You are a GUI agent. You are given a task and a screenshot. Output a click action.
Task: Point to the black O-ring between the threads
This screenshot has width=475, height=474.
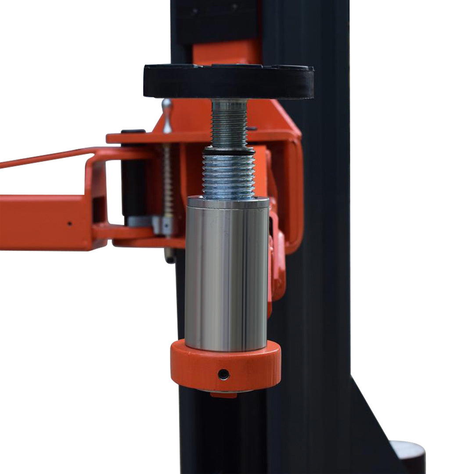pyautogui.click(x=228, y=150)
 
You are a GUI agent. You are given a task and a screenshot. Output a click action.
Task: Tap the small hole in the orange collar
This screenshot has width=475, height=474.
pyautogui.click(x=223, y=374)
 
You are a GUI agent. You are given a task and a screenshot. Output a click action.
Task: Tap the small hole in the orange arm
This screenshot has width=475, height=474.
pyautogui.click(x=69, y=223)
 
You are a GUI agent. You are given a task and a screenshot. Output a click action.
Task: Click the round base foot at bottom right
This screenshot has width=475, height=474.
pyautogui.click(x=408, y=456)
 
